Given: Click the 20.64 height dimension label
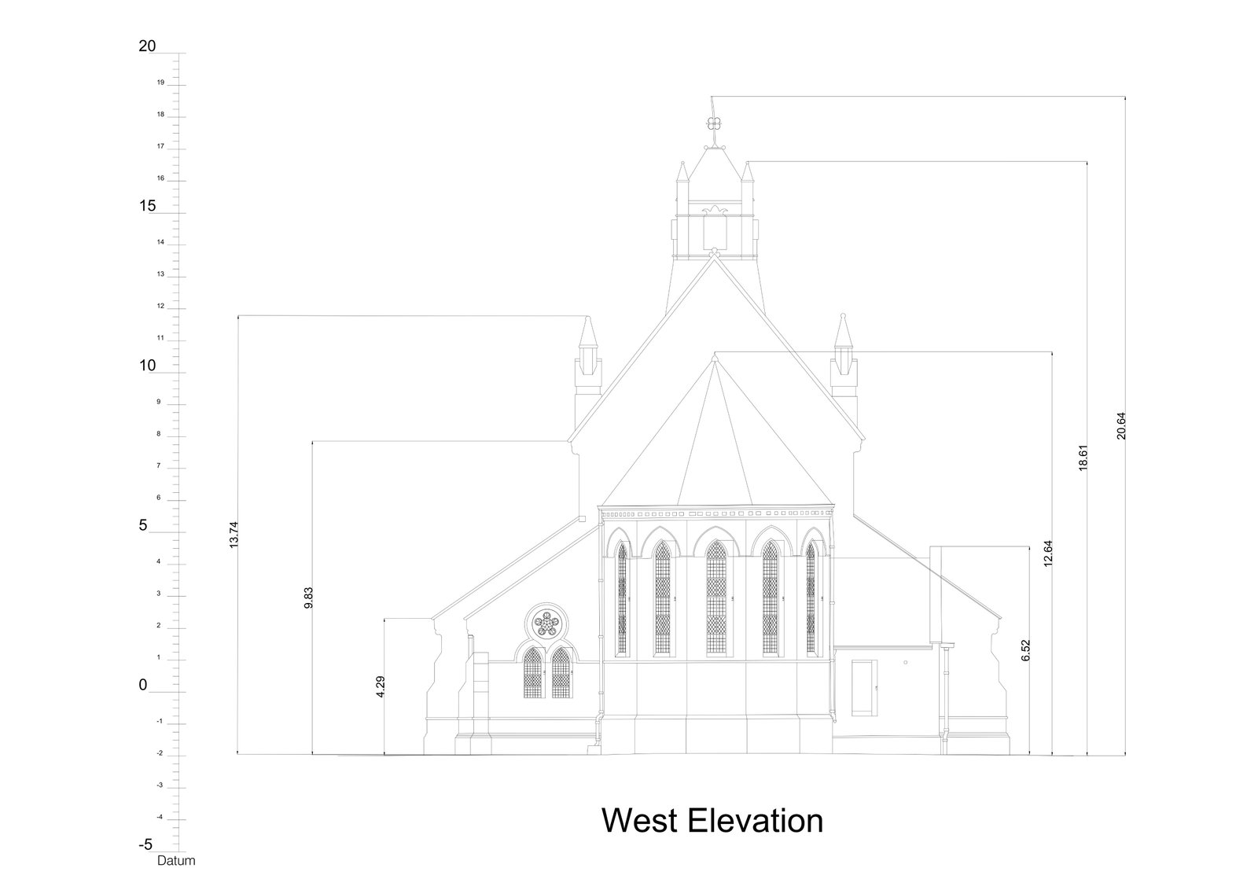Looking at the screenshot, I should (1121, 426).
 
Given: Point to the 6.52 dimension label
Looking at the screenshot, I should (1025, 649).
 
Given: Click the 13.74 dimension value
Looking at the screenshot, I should (234, 535).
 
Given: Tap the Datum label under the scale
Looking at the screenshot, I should (176, 861).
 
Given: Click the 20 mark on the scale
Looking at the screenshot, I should (147, 46).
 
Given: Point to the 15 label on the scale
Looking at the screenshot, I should (147, 207).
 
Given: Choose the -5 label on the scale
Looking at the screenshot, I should (145, 845).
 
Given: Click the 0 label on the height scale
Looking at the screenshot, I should (143, 686).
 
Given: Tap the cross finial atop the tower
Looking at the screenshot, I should (713, 123).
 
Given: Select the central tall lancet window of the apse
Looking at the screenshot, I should (715, 597).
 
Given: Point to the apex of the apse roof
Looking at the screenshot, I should (714, 359).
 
